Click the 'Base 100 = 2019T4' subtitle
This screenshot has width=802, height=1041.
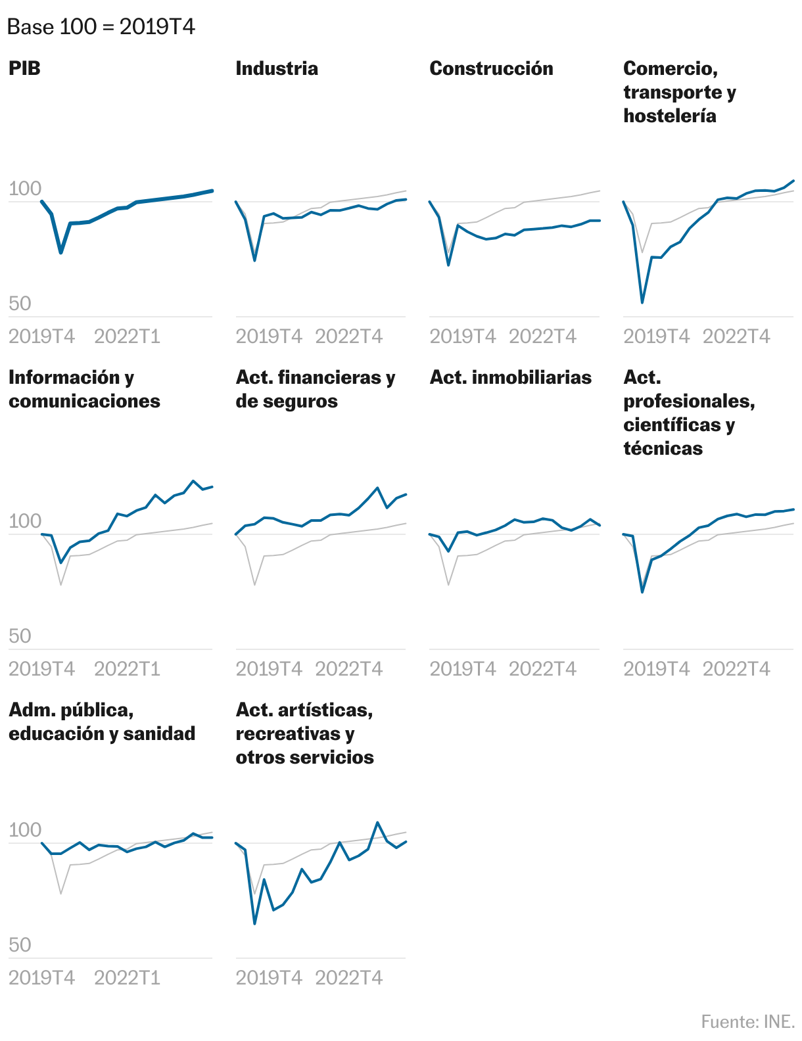tap(101, 27)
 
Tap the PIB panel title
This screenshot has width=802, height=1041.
tap(24, 68)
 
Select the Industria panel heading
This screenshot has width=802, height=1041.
tap(276, 68)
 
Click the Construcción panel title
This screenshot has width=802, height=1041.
tap(490, 68)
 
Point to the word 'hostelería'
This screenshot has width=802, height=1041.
tap(669, 116)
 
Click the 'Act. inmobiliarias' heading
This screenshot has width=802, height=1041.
tap(510, 377)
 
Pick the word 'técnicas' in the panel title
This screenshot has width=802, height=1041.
tap(663, 448)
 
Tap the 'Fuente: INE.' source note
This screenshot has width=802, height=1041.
tap(747, 1021)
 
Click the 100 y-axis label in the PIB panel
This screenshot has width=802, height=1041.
tap(24, 189)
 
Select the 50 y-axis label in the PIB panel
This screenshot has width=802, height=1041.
tap(20, 303)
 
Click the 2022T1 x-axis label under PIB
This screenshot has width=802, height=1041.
tap(127, 336)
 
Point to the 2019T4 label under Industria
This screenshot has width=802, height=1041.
tap(268, 336)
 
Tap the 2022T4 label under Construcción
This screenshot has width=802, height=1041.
tap(542, 336)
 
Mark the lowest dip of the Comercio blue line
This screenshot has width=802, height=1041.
tap(642, 302)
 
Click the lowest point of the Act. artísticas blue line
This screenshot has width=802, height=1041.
tap(254, 923)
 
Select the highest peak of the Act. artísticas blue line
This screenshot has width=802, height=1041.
tap(377, 822)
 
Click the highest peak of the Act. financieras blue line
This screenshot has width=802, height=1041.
tap(377, 488)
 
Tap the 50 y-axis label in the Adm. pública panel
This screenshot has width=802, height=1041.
tap(20, 944)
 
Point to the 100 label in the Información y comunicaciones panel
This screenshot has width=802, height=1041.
tap(24, 521)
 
